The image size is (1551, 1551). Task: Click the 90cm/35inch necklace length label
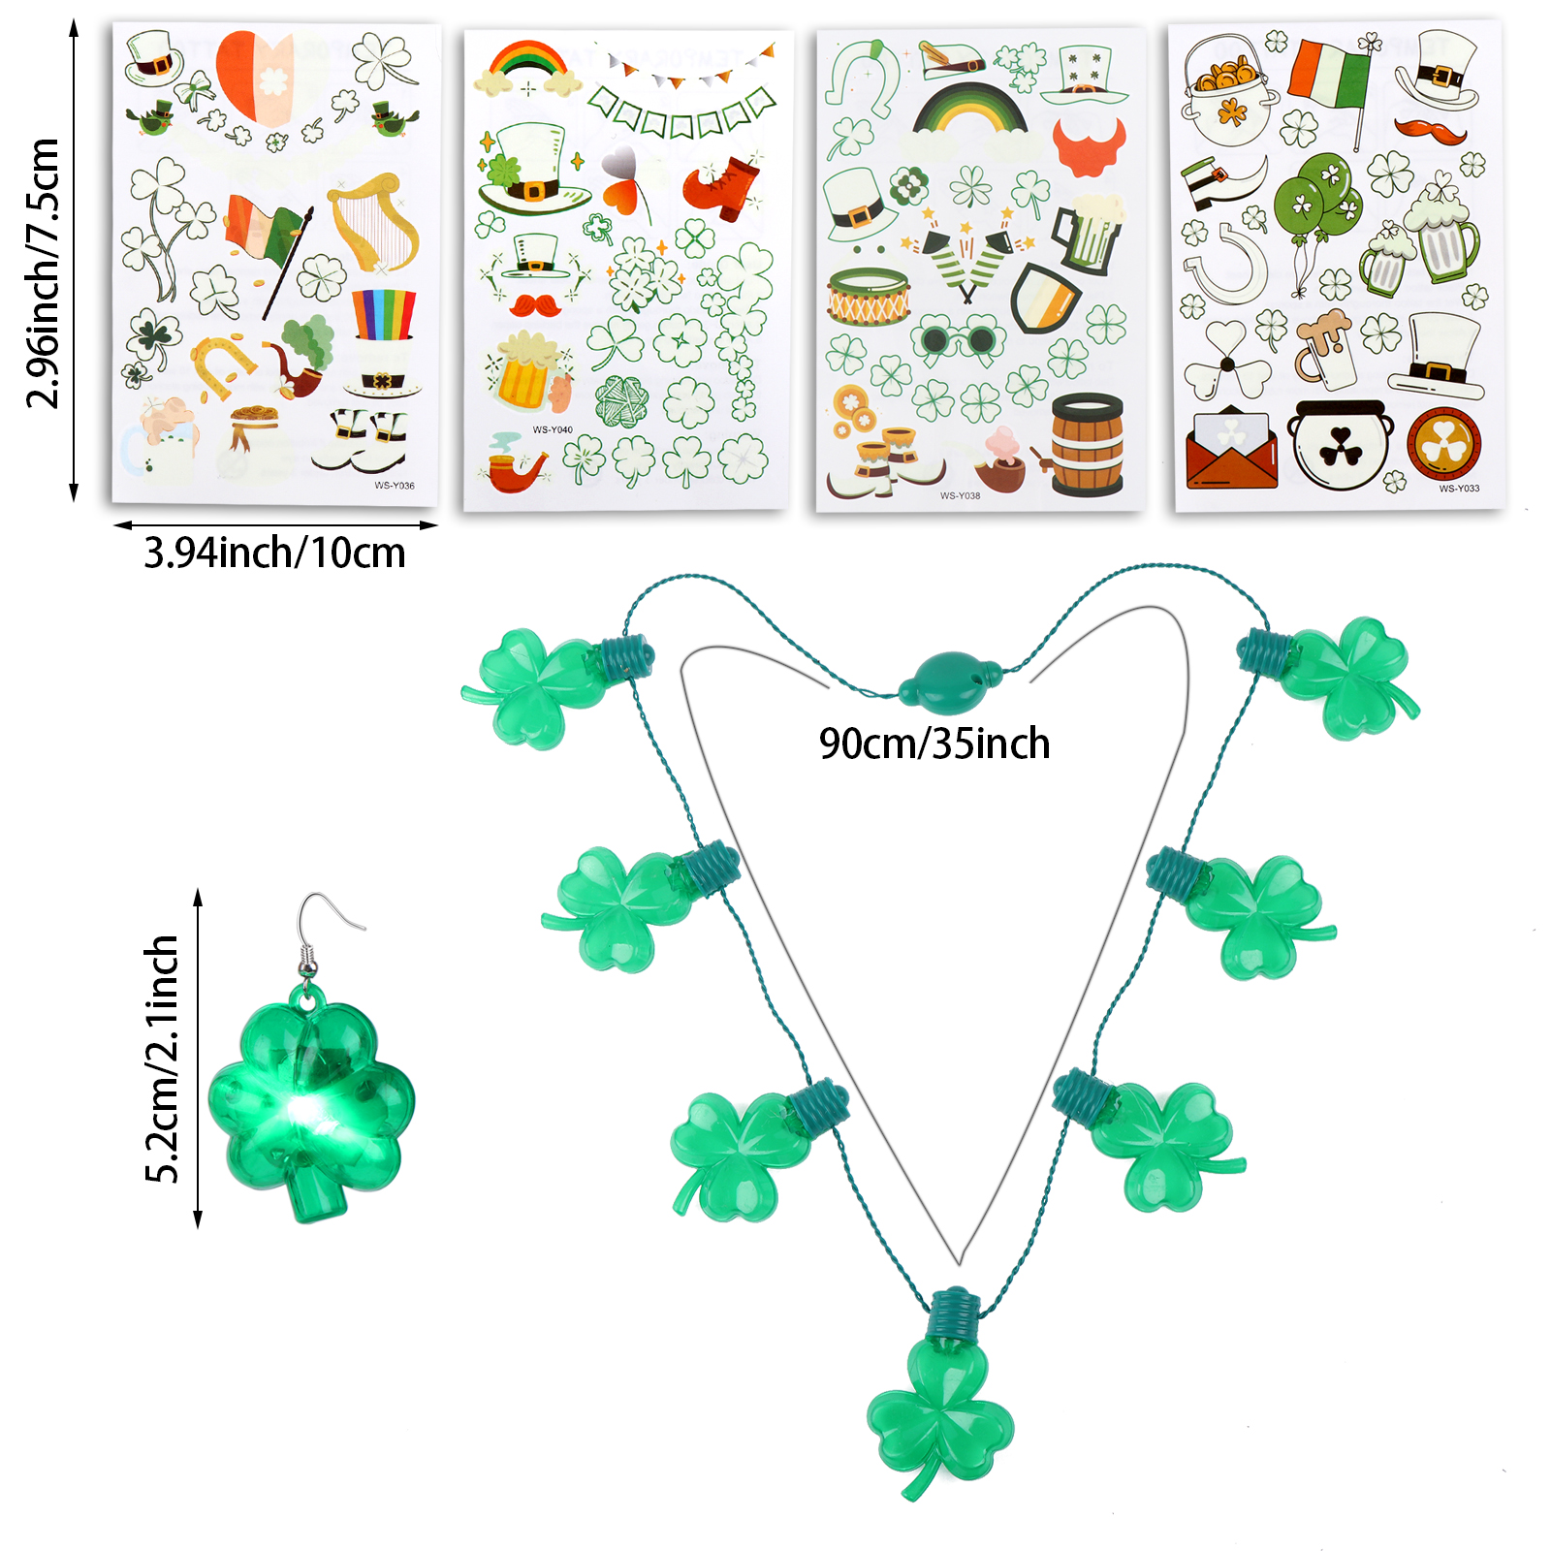pos(934,744)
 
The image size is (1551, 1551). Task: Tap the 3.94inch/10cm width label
pos(274,553)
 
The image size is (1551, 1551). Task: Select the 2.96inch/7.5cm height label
pos(45,272)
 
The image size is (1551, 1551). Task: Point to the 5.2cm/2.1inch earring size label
pos(163,1059)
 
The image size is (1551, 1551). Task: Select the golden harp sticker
pos(373,222)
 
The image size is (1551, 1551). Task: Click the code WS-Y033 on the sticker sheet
pos(1458,489)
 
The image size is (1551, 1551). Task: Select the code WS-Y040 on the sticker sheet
pos(553,429)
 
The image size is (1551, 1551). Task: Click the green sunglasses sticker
pos(958,339)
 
